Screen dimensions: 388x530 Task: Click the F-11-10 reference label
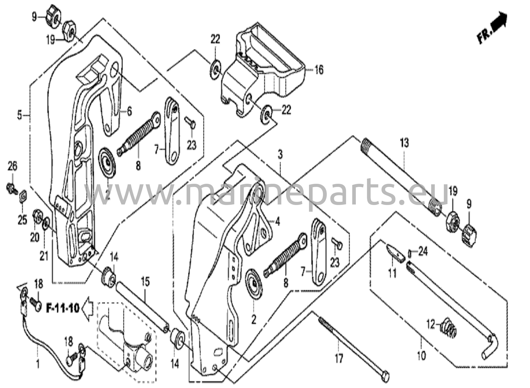(x=62, y=308)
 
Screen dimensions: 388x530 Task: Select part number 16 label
(x=319, y=70)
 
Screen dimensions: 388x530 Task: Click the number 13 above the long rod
(x=404, y=143)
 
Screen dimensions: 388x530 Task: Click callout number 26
(x=12, y=166)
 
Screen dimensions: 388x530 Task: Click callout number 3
(x=280, y=155)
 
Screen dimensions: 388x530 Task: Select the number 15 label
(x=145, y=282)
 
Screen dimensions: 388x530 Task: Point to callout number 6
(x=129, y=112)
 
